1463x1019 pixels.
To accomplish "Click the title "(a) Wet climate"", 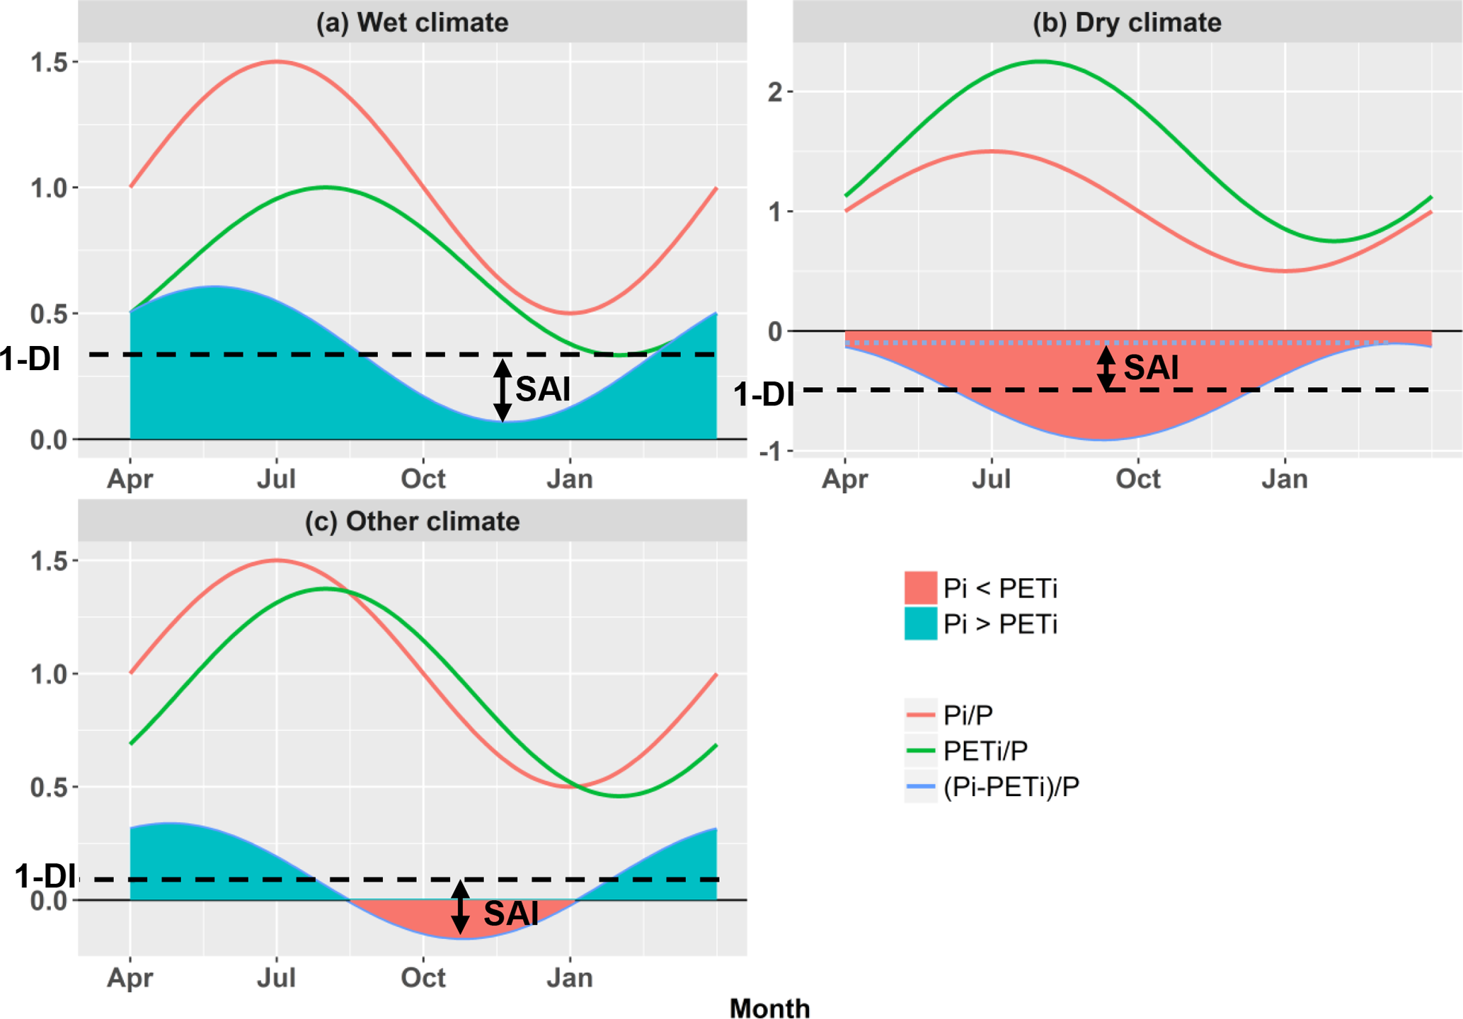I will click(412, 23).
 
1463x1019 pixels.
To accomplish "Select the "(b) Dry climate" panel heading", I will click(1127, 23).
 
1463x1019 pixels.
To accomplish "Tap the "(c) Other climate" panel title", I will click(412, 522).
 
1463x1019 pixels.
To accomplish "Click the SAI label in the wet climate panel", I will click(543, 389).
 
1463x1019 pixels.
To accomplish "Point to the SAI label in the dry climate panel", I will click(1152, 367).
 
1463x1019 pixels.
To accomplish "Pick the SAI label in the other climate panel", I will click(511, 914).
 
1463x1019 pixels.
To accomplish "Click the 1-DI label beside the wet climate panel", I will click(30, 359).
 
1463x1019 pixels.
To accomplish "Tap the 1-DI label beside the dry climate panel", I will click(764, 395).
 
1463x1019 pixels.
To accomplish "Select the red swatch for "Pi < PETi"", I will click(920, 587).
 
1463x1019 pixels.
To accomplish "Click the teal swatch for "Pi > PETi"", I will click(920, 623).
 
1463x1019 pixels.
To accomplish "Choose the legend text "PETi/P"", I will click(985, 751).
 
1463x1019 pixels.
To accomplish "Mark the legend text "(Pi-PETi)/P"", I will click(1011, 787).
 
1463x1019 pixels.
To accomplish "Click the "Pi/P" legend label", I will click(968, 715).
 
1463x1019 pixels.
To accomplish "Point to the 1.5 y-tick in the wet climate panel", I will click(49, 62).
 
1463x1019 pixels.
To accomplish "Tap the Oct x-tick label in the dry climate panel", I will click(1137, 479).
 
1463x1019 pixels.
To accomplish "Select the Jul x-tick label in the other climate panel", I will click(276, 978).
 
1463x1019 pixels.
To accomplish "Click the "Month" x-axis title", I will click(769, 1008).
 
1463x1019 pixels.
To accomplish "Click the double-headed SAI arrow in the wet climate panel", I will click(503, 390).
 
